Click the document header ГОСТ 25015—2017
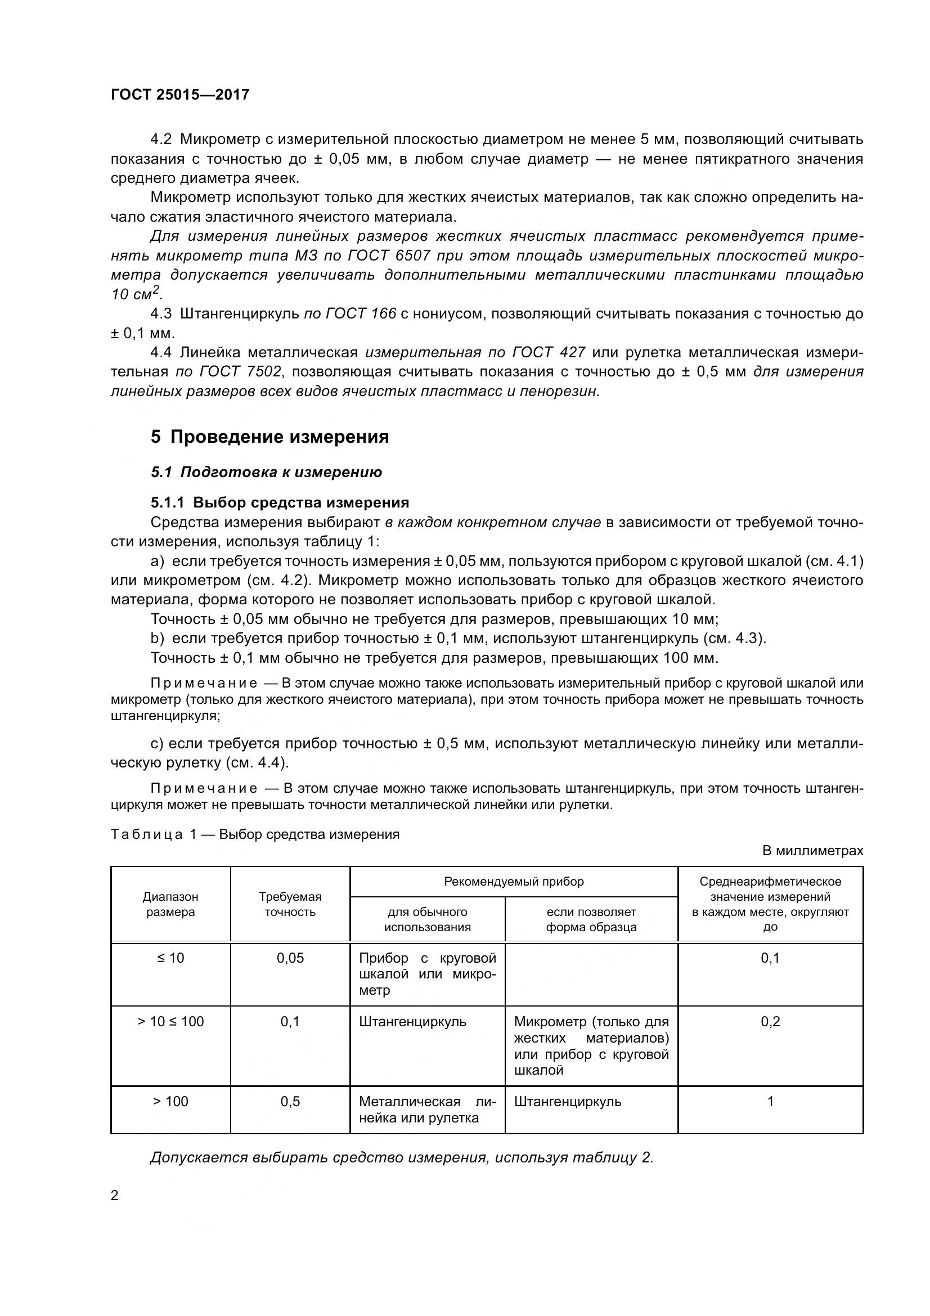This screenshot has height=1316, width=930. [x=180, y=95]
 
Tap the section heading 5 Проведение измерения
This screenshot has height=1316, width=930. [x=270, y=437]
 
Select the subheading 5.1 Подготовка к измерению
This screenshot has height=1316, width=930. [x=267, y=472]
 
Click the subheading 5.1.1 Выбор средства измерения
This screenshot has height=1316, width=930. [x=280, y=502]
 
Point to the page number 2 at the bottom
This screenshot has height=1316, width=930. [x=115, y=1196]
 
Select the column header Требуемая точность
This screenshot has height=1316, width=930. [x=290, y=904]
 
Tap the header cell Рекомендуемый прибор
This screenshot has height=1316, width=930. [x=514, y=882]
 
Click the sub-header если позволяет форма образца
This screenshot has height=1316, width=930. [x=591, y=919]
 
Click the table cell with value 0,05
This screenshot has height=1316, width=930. [x=290, y=958]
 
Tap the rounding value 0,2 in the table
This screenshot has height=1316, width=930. [x=770, y=1022]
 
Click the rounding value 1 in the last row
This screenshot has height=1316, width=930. [x=770, y=1102]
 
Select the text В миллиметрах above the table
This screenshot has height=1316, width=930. [x=812, y=851]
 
